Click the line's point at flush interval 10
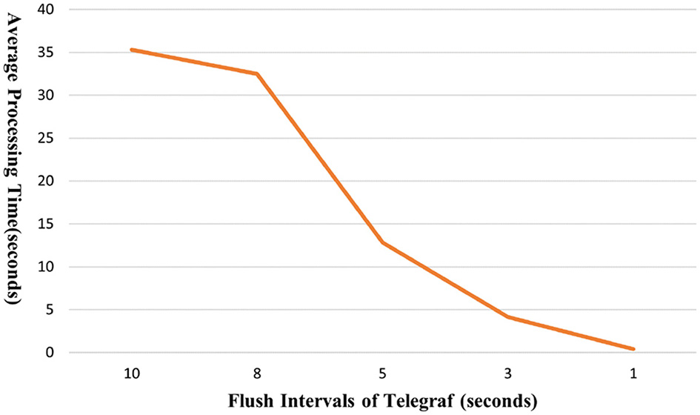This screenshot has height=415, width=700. pyautogui.click(x=131, y=50)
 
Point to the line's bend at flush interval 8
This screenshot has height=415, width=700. pyautogui.click(x=257, y=73)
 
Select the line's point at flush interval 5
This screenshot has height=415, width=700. pyautogui.click(x=382, y=242)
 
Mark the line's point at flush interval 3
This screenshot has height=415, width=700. pyautogui.click(x=507, y=317)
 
